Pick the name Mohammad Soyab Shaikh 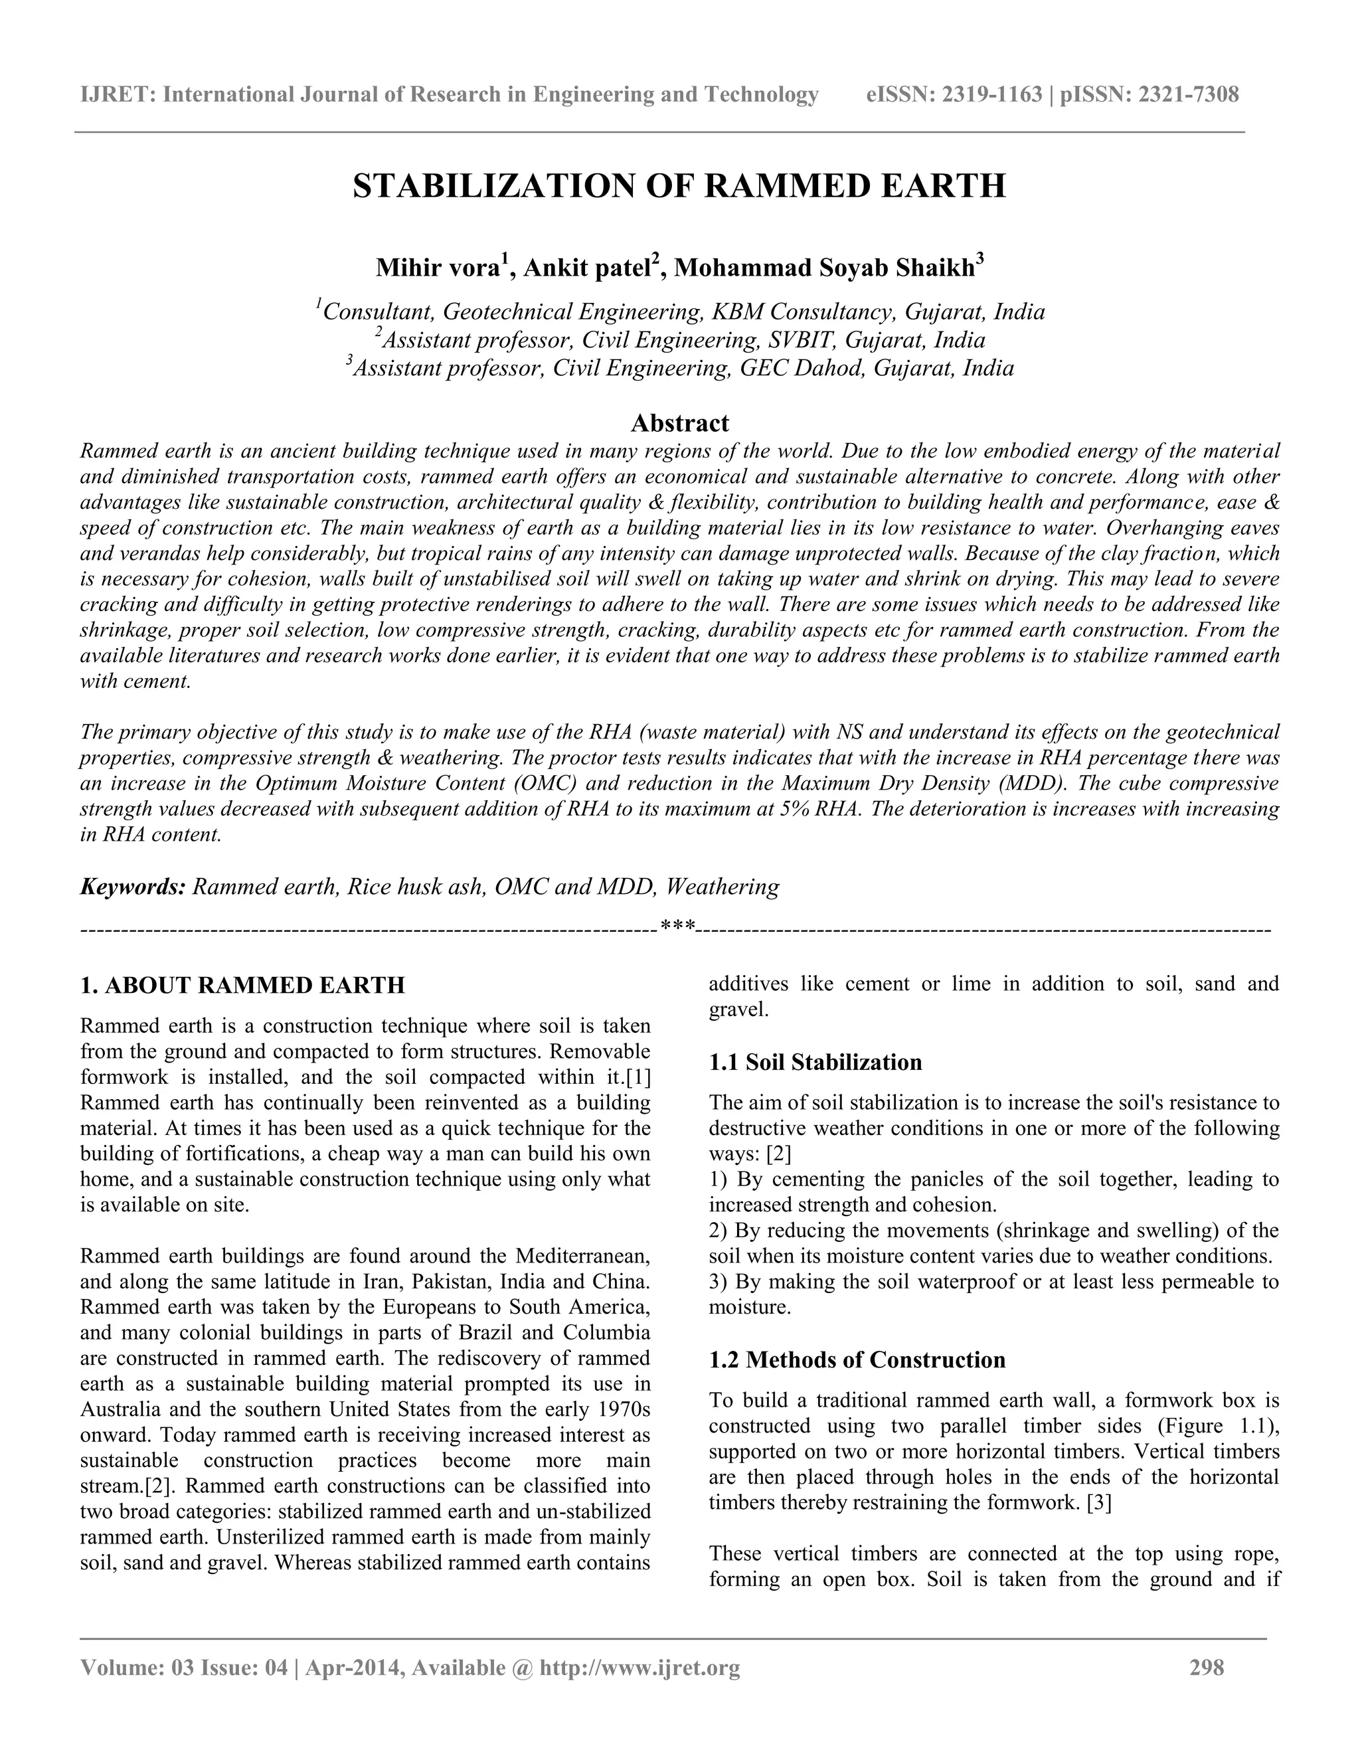pyautogui.click(x=824, y=268)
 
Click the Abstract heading pyautogui.click(x=679, y=423)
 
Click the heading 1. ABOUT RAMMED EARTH pyautogui.click(x=242, y=986)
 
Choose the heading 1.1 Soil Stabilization pyautogui.click(x=815, y=1062)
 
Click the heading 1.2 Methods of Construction pyautogui.click(x=857, y=1360)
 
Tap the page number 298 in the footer pyautogui.click(x=1206, y=1667)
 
